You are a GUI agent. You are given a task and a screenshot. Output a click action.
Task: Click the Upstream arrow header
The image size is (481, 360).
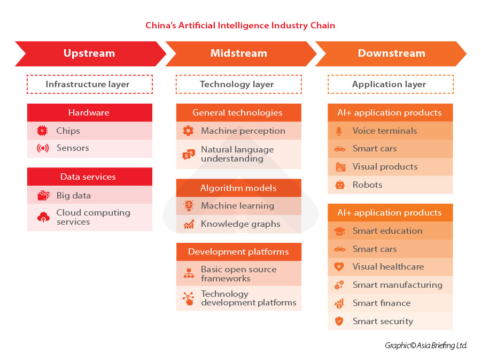click(89, 53)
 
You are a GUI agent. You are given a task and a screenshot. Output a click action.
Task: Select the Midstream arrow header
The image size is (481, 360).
click(239, 53)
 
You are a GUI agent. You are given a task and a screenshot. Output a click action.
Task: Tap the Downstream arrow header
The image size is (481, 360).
click(391, 53)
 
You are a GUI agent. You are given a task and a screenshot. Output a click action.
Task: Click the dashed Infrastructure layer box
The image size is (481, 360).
click(90, 85)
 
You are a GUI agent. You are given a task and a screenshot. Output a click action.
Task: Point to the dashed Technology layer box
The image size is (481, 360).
click(238, 85)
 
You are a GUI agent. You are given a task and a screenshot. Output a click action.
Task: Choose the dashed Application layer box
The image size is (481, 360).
click(390, 85)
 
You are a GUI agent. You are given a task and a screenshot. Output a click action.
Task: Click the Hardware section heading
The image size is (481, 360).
click(89, 113)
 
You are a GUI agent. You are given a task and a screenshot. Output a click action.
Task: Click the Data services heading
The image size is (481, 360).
click(89, 177)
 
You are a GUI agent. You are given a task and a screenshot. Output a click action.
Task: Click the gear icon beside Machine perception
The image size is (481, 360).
click(188, 131)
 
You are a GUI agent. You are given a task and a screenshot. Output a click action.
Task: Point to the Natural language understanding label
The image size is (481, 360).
click(237, 154)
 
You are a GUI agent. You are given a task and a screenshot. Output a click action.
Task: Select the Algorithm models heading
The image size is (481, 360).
click(238, 188)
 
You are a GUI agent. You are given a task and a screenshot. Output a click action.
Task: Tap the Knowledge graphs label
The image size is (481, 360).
click(241, 224)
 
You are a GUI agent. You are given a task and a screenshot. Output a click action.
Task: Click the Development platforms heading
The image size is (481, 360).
click(238, 252)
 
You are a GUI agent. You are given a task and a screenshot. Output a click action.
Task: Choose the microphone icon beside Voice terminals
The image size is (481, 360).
click(339, 131)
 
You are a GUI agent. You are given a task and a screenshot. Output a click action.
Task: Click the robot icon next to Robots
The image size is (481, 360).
click(339, 185)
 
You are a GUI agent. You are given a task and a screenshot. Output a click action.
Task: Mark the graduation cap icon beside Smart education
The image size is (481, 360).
click(339, 231)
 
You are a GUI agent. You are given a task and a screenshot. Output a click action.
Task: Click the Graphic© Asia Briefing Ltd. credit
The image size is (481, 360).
click(426, 346)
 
